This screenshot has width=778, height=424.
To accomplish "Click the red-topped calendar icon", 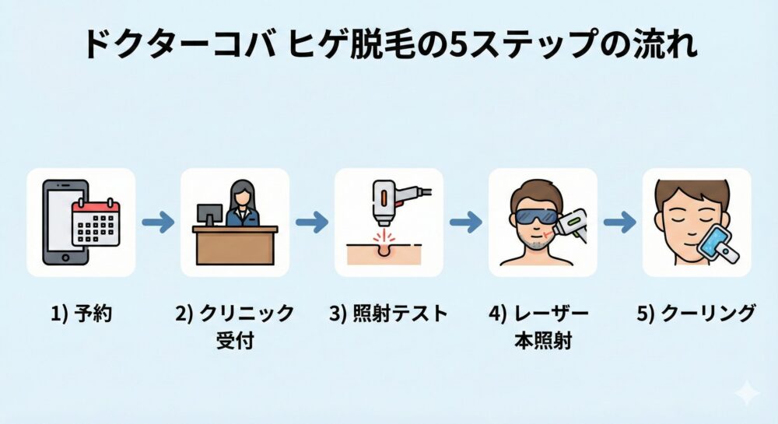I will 96,223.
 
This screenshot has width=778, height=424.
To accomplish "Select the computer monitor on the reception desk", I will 209,215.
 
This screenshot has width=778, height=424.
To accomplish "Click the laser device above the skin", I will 387,201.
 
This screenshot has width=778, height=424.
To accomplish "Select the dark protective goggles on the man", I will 536,216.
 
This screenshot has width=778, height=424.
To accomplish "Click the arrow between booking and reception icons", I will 158,223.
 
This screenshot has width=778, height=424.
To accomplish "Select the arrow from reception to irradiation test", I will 312,223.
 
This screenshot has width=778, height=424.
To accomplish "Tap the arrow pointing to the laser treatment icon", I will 466,223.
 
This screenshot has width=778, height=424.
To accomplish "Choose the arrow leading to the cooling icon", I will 620,223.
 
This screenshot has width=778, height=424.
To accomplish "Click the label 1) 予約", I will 81,314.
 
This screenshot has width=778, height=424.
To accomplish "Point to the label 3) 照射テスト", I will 389,314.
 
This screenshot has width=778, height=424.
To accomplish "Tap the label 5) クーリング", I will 697,314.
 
